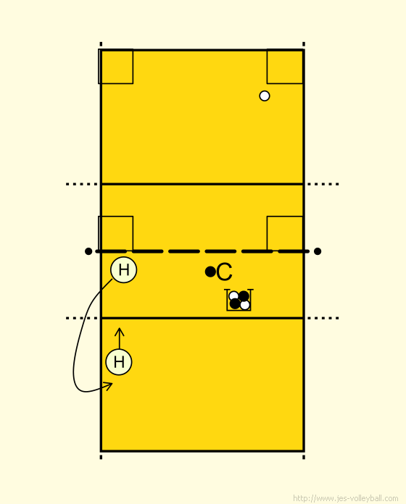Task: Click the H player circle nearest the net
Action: (123, 270)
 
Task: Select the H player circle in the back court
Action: (119, 362)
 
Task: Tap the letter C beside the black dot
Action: (225, 272)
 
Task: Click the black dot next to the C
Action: (210, 272)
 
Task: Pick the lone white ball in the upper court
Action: (265, 96)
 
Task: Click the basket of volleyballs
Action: (239, 300)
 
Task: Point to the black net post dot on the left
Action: (88, 251)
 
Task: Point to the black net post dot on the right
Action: (318, 251)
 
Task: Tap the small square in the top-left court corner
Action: (115, 67)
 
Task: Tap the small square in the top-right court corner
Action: (285, 67)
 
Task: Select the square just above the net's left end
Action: (115, 233)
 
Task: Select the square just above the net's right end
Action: (285, 233)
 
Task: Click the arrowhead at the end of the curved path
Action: (109, 386)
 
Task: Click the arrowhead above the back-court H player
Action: (120, 332)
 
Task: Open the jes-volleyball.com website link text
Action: (346, 498)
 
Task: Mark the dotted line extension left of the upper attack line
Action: (82, 184)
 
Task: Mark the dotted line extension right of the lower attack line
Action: (323, 318)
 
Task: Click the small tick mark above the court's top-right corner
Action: (304, 44)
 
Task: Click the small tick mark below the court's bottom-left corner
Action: (101, 457)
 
